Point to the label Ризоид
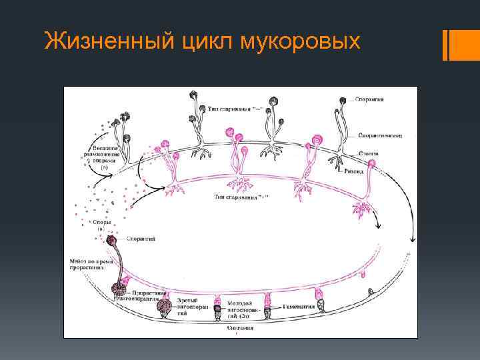pyautogui.click(x=354, y=172)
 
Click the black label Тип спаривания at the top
pyautogui.click(x=227, y=109)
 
